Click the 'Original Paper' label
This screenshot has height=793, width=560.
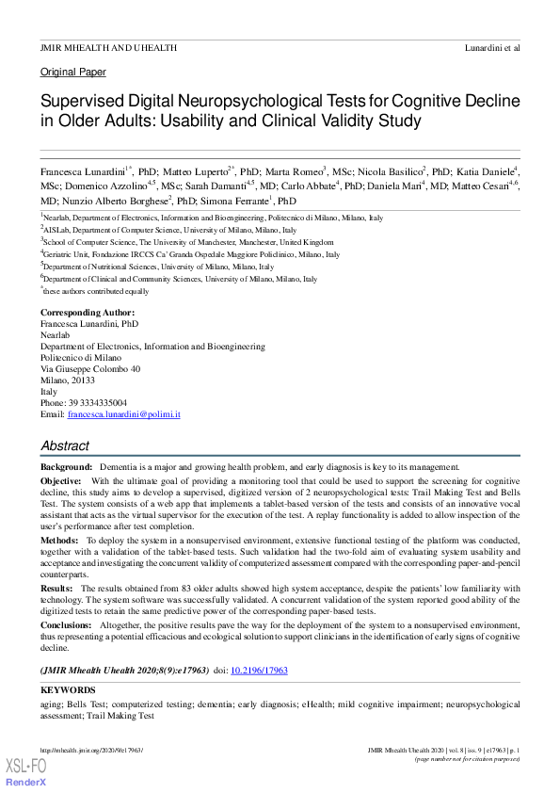(x=73, y=72)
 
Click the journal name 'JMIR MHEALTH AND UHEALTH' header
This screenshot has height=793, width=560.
(x=108, y=47)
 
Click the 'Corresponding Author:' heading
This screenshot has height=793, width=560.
(x=88, y=312)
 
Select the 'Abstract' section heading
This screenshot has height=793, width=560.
(x=65, y=446)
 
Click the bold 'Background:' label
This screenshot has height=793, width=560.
(x=66, y=467)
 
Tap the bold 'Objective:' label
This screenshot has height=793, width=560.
(x=61, y=480)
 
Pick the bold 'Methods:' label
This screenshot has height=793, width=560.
(x=59, y=542)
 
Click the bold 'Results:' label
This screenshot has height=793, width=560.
(x=56, y=588)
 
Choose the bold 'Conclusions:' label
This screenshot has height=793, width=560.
(x=67, y=623)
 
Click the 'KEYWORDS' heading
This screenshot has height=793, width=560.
(x=68, y=690)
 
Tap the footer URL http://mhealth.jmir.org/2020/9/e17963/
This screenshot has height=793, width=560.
(x=91, y=750)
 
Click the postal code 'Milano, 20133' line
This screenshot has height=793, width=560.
(x=69, y=380)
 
